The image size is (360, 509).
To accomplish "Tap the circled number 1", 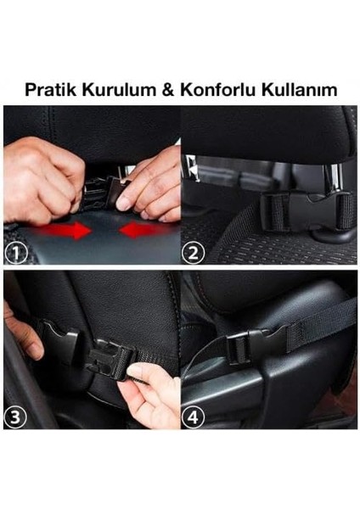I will click(16, 252).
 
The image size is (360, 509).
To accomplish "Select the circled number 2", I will click(195, 252).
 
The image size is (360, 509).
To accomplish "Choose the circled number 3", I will click(16, 417).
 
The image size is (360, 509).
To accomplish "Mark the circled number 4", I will click(195, 417).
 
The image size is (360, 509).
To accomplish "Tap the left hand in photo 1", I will click(42, 178).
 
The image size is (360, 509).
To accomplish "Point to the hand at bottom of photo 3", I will click(153, 399).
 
